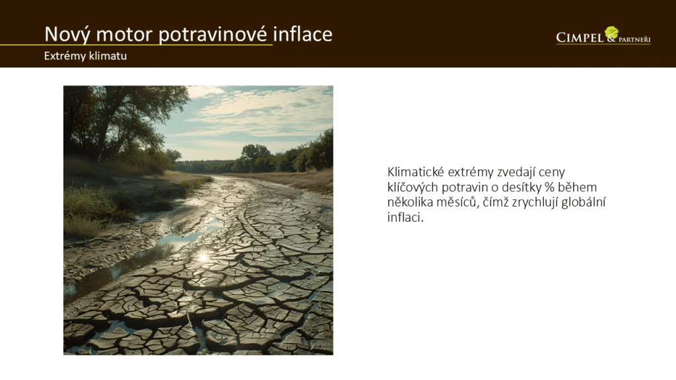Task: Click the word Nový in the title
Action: pyautogui.click(x=67, y=34)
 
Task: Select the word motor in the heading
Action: pyautogui.click(x=124, y=34)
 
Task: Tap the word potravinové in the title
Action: pyautogui.click(x=213, y=34)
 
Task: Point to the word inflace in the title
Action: pyautogui.click(x=302, y=34)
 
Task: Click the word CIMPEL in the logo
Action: pyautogui.click(x=580, y=38)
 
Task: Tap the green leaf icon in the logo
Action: pyautogui.click(x=611, y=32)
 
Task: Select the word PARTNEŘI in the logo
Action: pyautogui.click(x=634, y=40)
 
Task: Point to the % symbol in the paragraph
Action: pyautogui.click(x=549, y=187)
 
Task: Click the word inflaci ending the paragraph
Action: pyautogui.click(x=405, y=217)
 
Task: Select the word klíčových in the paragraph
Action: pyautogui.click(x=413, y=187)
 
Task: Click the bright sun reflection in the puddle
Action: pyautogui.click(x=203, y=258)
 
